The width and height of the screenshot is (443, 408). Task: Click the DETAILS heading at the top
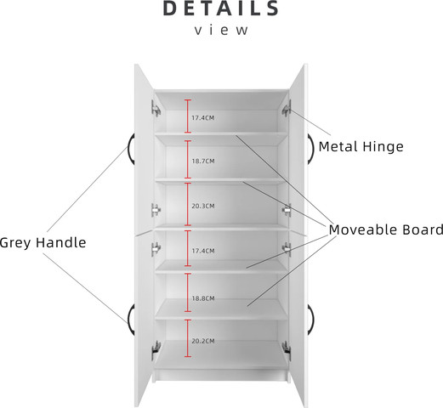[221, 8]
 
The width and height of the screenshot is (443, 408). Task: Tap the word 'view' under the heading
[221, 30]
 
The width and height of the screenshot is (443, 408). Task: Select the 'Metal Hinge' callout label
[361, 146]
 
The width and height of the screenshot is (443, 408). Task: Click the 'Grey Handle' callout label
[43, 243]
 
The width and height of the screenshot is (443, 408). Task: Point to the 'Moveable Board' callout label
[386, 229]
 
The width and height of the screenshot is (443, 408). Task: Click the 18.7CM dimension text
[203, 161]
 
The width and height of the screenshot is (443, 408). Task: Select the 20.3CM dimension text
[203, 206]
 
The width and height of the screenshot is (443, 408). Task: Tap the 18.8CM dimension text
[203, 298]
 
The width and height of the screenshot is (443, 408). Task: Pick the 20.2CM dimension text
[203, 341]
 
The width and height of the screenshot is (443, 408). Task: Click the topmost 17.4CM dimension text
[203, 117]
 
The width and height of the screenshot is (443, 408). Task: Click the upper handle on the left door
[130, 149]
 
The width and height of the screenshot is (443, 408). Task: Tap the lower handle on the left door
[130, 320]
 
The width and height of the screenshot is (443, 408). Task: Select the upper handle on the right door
[312, 149]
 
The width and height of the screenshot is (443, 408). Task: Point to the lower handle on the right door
[312, 320]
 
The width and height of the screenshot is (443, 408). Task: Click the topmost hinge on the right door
[287, 108]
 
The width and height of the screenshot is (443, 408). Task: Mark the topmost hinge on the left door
[156, 108]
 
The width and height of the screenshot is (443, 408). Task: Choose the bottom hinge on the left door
[156, 350]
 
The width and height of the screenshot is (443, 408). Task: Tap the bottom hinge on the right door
[287, 350]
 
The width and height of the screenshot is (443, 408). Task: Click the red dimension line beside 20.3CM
[188, 204]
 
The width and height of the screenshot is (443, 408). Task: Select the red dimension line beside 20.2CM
[188, 338]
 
